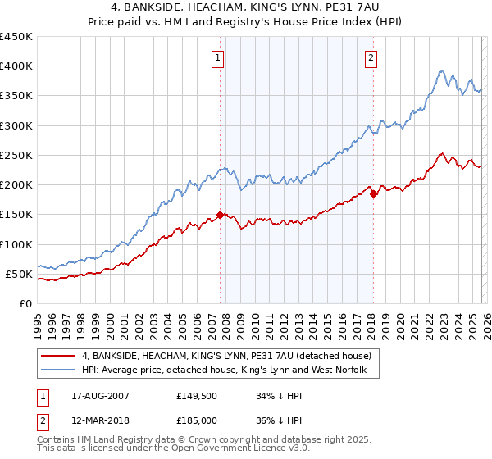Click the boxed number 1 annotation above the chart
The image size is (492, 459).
[x=219, y=57]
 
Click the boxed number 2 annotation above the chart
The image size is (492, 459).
[x=371, y=57]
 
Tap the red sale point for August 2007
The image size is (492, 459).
[x=220, y=215]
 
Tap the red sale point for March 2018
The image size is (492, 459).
[x=373, y=194]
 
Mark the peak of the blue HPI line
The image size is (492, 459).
[x=441, y=70]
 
